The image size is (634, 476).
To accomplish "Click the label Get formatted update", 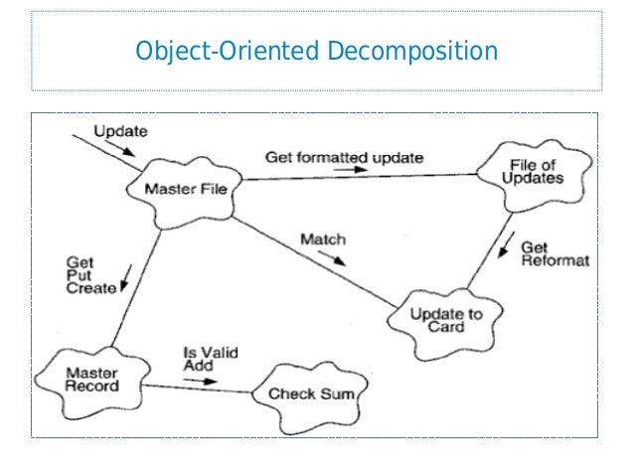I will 344,157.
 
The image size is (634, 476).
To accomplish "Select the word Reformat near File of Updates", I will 555,260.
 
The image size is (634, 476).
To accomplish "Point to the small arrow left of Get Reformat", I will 508,243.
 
